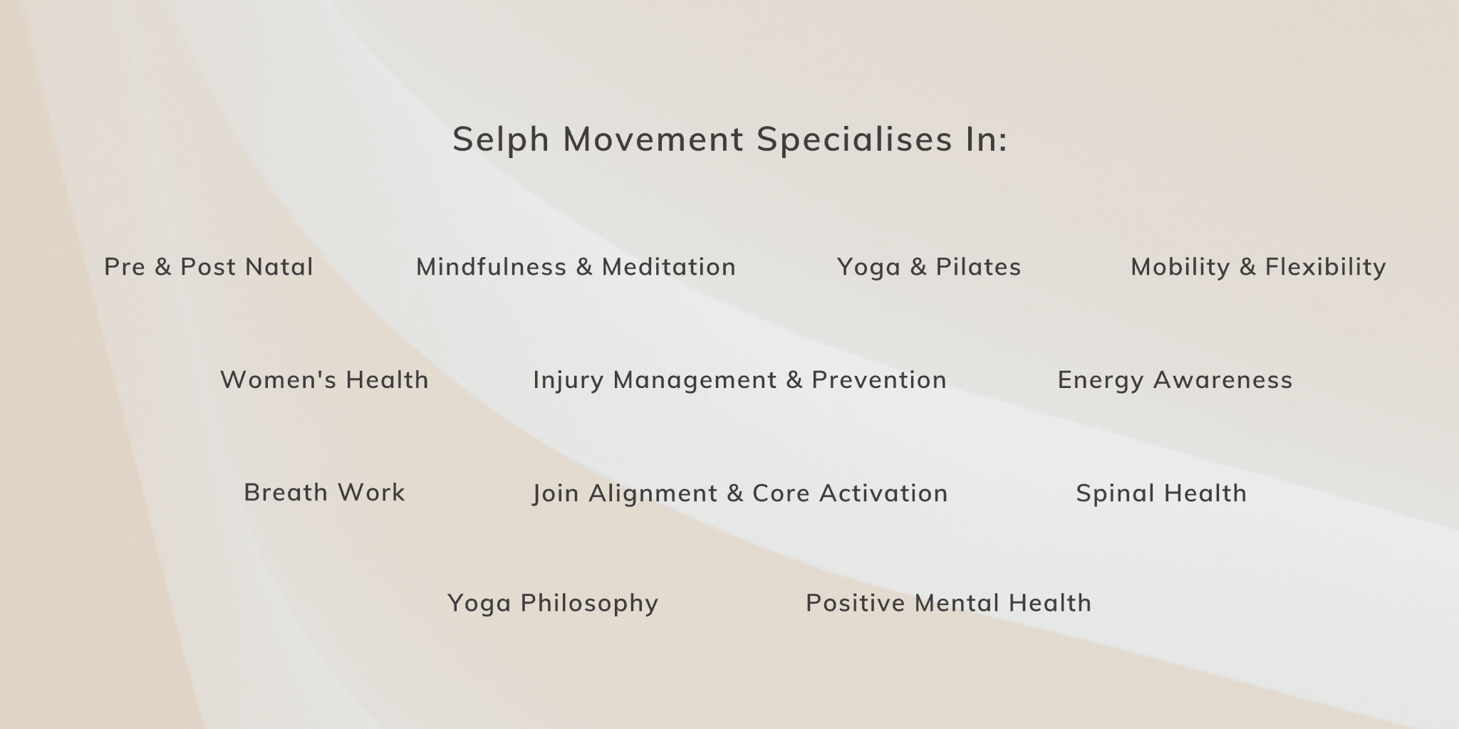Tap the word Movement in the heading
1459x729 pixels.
[653, 139]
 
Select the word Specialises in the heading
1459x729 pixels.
[854, 139]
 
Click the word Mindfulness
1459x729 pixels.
[491, 267]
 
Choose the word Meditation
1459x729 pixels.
[668, 267]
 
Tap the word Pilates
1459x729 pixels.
[978, 267]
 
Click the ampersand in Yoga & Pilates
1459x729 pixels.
[918, 267]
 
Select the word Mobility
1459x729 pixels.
[1180, 267]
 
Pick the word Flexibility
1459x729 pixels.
[1325, 267]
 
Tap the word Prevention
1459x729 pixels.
[878, 380]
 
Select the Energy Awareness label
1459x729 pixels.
[1174, 380]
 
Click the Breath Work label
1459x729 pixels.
[324, 493]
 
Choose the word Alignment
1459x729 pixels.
[653, 493]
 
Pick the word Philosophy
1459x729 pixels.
[589, 604]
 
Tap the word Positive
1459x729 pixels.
[855, 603]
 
